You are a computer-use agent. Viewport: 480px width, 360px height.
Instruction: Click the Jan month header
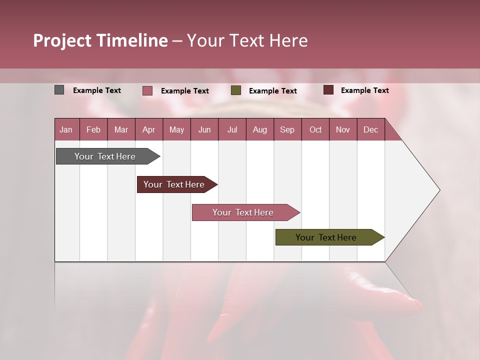66,129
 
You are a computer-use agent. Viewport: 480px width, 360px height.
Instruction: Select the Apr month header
148,129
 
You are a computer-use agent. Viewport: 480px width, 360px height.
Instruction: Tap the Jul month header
232,129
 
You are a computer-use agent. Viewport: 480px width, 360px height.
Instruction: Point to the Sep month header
287,129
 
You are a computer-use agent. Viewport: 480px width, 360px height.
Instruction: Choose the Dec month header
370,129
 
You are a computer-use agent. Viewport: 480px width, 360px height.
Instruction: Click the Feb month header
93,129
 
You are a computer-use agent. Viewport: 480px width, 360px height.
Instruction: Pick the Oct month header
315,129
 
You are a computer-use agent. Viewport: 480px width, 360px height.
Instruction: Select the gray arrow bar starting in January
105,156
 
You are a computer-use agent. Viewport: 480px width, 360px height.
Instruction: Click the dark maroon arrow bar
174,184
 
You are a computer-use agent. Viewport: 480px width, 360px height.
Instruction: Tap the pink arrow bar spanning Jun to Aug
243,212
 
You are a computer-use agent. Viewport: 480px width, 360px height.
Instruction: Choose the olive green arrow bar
326,237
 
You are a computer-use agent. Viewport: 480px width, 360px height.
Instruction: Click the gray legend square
59,90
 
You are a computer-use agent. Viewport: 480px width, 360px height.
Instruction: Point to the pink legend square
147,90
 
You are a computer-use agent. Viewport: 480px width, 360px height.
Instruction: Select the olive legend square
236,90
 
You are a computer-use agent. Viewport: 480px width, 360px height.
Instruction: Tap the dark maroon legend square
328,90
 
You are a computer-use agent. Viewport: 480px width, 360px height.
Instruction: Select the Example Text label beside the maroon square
364,90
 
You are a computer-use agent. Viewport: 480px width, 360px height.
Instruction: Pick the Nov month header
343,129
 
